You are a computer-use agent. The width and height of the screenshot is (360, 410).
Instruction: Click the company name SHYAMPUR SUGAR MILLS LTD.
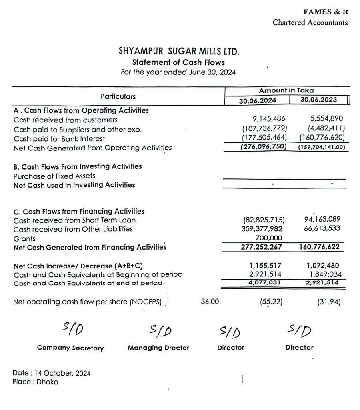(x=179, y=52)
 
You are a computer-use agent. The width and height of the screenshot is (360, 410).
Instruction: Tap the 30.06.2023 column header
(x=318, y=100)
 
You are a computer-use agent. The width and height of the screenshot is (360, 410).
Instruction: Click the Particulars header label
(x=118, y=96)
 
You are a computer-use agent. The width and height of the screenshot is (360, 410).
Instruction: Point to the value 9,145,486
(x=269, y=119)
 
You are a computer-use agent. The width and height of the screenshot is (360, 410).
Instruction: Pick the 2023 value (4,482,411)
(x=327, y=128)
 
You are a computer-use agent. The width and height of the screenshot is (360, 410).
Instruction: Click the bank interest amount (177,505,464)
(x=265, y=138)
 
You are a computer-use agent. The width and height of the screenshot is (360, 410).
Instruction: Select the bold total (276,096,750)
(x=264, y=147)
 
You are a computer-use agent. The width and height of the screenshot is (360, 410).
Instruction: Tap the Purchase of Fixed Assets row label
(x=54, y=176)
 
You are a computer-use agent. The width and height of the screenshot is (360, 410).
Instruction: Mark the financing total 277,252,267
(x=261, y=247)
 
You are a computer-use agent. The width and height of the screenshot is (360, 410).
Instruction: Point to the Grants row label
(x=24, y=238)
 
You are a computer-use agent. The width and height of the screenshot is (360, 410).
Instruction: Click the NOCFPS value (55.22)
(x=271, y=302)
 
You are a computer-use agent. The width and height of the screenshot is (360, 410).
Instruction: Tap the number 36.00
(x=210, y=302)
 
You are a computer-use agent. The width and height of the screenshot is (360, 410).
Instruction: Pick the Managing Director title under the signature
(x=158, y=348)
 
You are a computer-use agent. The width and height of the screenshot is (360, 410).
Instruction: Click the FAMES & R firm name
(x=326, y=12)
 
